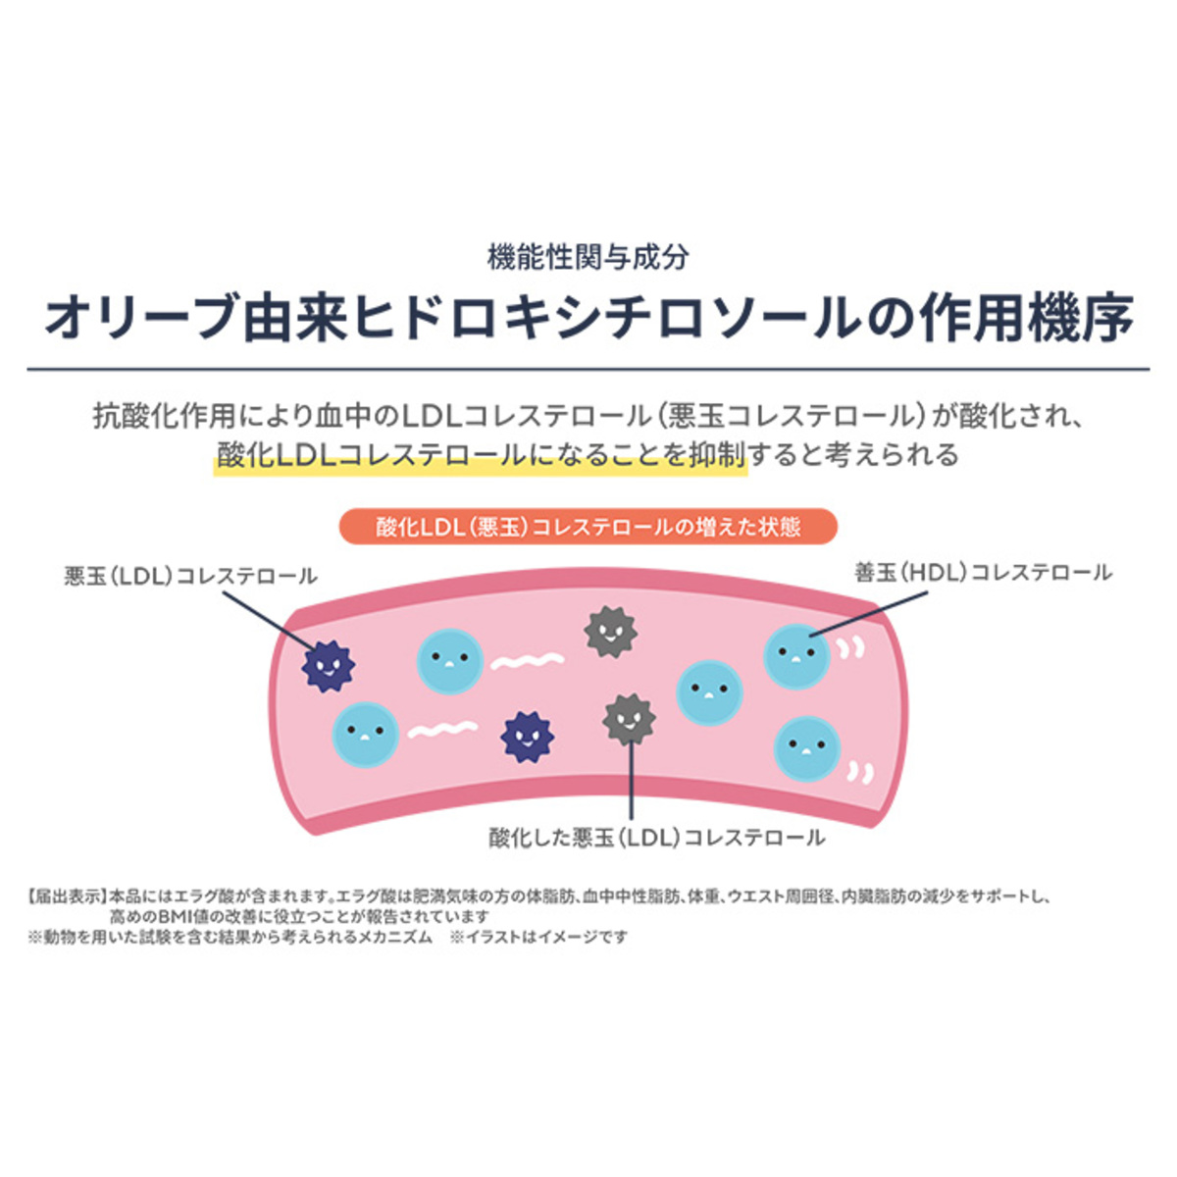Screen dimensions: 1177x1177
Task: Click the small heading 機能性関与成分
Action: (x=588, y=258)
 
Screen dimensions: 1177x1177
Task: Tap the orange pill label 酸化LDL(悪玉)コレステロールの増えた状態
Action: (x=588, y=527)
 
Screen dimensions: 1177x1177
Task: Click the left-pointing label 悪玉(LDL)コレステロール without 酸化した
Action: (x=191, y=576)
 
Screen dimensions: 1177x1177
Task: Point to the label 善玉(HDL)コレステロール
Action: (x=984, y=573)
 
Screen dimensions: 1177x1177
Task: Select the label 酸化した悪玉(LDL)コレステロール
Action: (x=657, y=838)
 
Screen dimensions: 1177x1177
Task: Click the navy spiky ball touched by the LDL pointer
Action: (x=328, y=666)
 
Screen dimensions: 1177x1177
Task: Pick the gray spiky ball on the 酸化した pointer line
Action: (x=629, y=719)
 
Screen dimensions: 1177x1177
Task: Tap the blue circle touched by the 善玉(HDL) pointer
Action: (x=796, y=655)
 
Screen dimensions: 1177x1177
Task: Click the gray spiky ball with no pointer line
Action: (x=610, y=632)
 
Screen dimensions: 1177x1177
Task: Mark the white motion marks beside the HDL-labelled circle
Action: (x=850, y=647)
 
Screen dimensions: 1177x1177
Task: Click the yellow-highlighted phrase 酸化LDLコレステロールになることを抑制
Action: (x=481, y=456)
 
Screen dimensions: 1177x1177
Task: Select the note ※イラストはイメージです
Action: (x=538, y=938)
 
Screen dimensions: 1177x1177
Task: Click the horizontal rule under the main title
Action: (x=588, y=370)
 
